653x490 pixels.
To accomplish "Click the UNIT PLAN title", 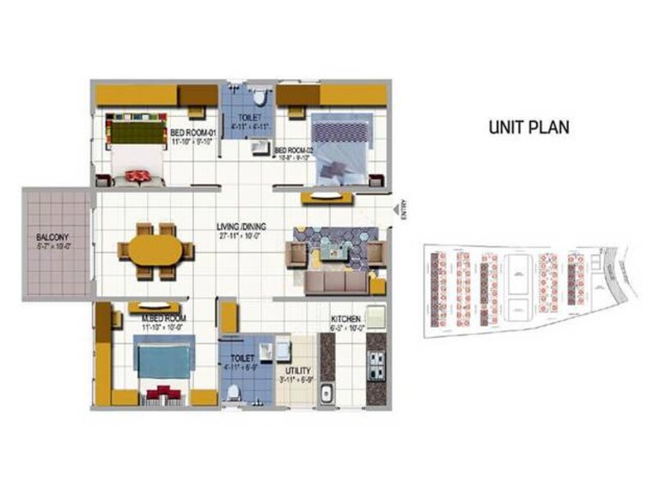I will click(529, 127).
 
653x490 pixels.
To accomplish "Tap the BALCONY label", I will click(52, 236).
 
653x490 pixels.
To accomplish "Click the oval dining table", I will click(156, 251).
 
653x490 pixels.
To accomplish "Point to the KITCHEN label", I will click(349, 318).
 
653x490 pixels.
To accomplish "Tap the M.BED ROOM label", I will click(163, 318).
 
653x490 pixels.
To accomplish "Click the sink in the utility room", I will click(326, 395).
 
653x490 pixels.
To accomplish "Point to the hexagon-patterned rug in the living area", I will click(332, 243).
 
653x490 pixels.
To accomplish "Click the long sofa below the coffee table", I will click(336, 281).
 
